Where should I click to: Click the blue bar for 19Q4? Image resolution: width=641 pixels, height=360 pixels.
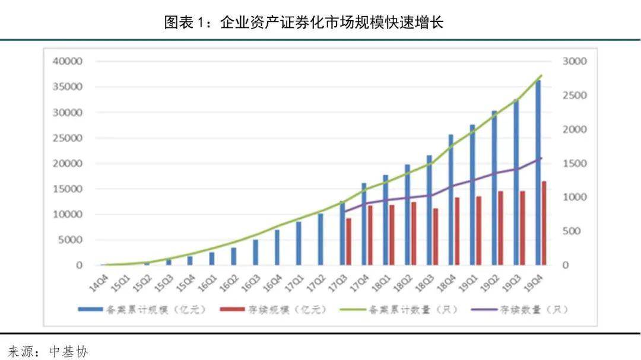538,173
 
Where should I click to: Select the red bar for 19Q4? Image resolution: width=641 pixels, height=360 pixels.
544,223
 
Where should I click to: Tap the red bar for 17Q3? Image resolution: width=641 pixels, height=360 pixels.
348,241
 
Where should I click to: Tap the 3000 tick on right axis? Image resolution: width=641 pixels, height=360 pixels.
574,62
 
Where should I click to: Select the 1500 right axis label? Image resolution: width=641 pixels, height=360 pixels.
574,164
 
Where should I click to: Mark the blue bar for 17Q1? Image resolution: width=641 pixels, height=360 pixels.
299,243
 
